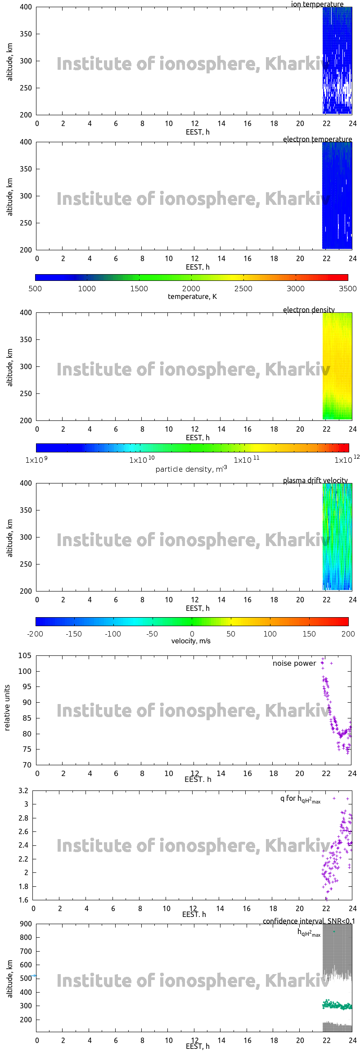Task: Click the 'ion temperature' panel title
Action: pyautogui.click(x=317, y=5)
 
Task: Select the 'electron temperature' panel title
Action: pyautogui.click(x=317, y=140)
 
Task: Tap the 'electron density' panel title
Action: pyautogui.click(x=309, y=310)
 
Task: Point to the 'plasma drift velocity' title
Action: pyautogui.click(x=315, y=481)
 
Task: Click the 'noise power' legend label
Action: pyautogui.click(x=294, y=664)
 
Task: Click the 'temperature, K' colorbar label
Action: pyautogui.click(x=192, y=297)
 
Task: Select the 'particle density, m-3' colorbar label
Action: pyautogui.click(x=191, y=469)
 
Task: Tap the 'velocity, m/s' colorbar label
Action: pyautogui.click(x=191, y=641)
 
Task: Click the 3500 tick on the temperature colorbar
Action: pyautogui.click(x=347, y=289)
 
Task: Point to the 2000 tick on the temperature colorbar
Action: pyautogui.click(x=191, y=289)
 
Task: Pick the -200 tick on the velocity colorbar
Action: pyautogui.click(x=35, y=634)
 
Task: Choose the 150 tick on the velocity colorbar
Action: pyautogui.click(x=309, y=634)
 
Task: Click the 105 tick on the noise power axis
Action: pyautogui.click(x=25, y=656)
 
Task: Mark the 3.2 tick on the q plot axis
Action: pyautogui.click(x=23, y=790)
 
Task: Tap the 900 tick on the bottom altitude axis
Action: pyautogui.click(x=26, y=924)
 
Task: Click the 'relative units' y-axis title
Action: pyautogui.click(x=7, y=708)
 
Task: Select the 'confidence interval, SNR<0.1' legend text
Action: pyautogui.click(x=309, y=921)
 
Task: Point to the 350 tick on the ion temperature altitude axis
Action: pyautogui.click(x=26, y=34)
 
